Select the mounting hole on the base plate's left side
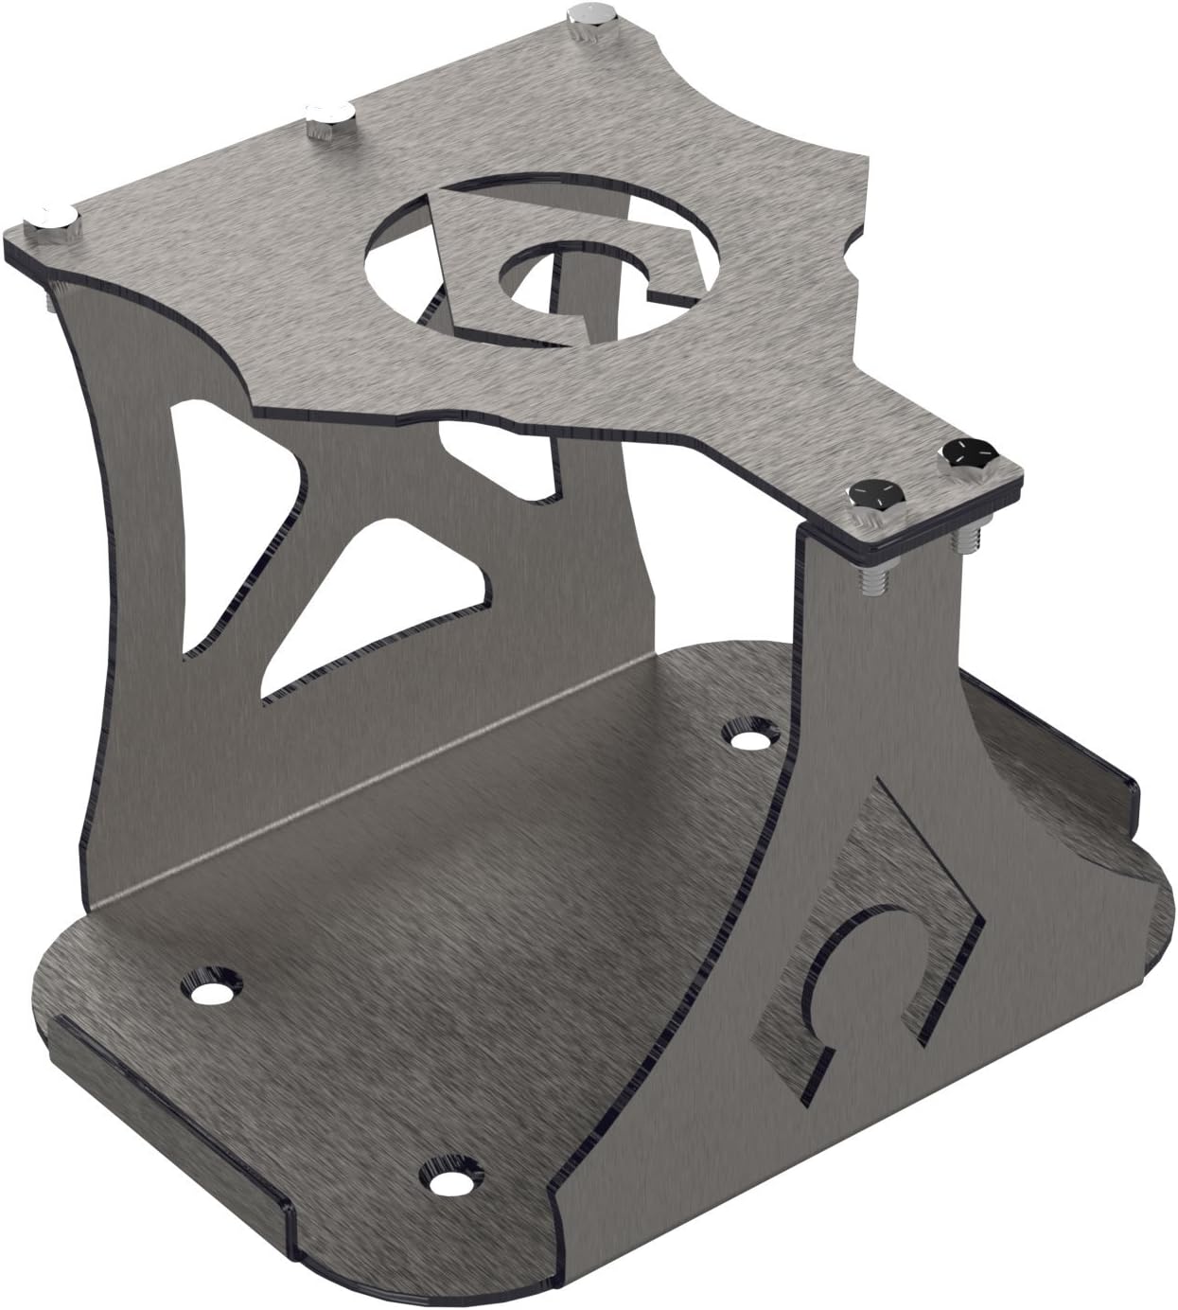[210, 987]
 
